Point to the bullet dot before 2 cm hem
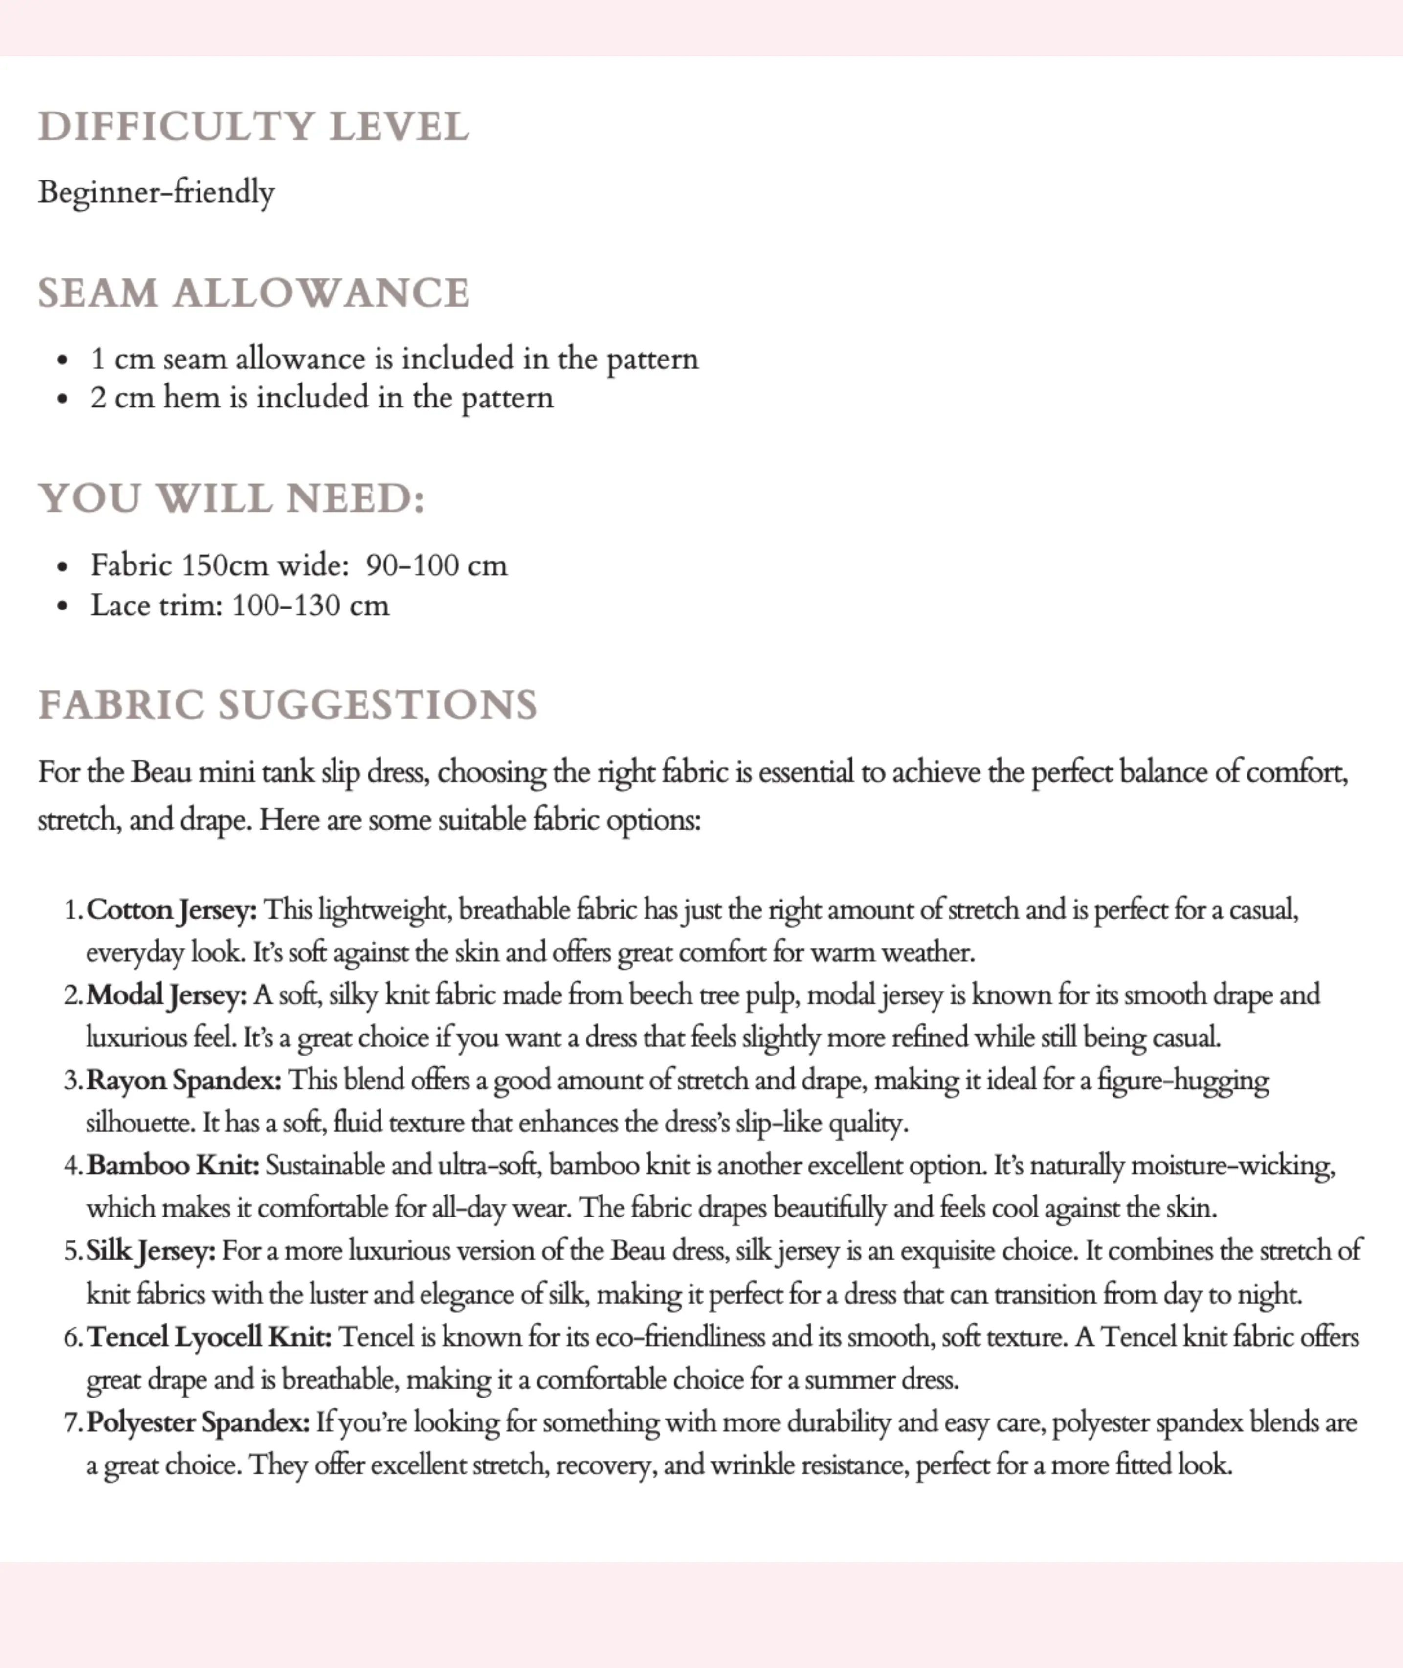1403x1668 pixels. point(63,399)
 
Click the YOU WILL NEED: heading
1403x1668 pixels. point(231,499)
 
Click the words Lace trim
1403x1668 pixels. point(155,605)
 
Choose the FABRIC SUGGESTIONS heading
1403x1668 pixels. point(288,705)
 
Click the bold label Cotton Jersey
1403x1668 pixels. point(171,910)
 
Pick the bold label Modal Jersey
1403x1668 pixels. point(166,995)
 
